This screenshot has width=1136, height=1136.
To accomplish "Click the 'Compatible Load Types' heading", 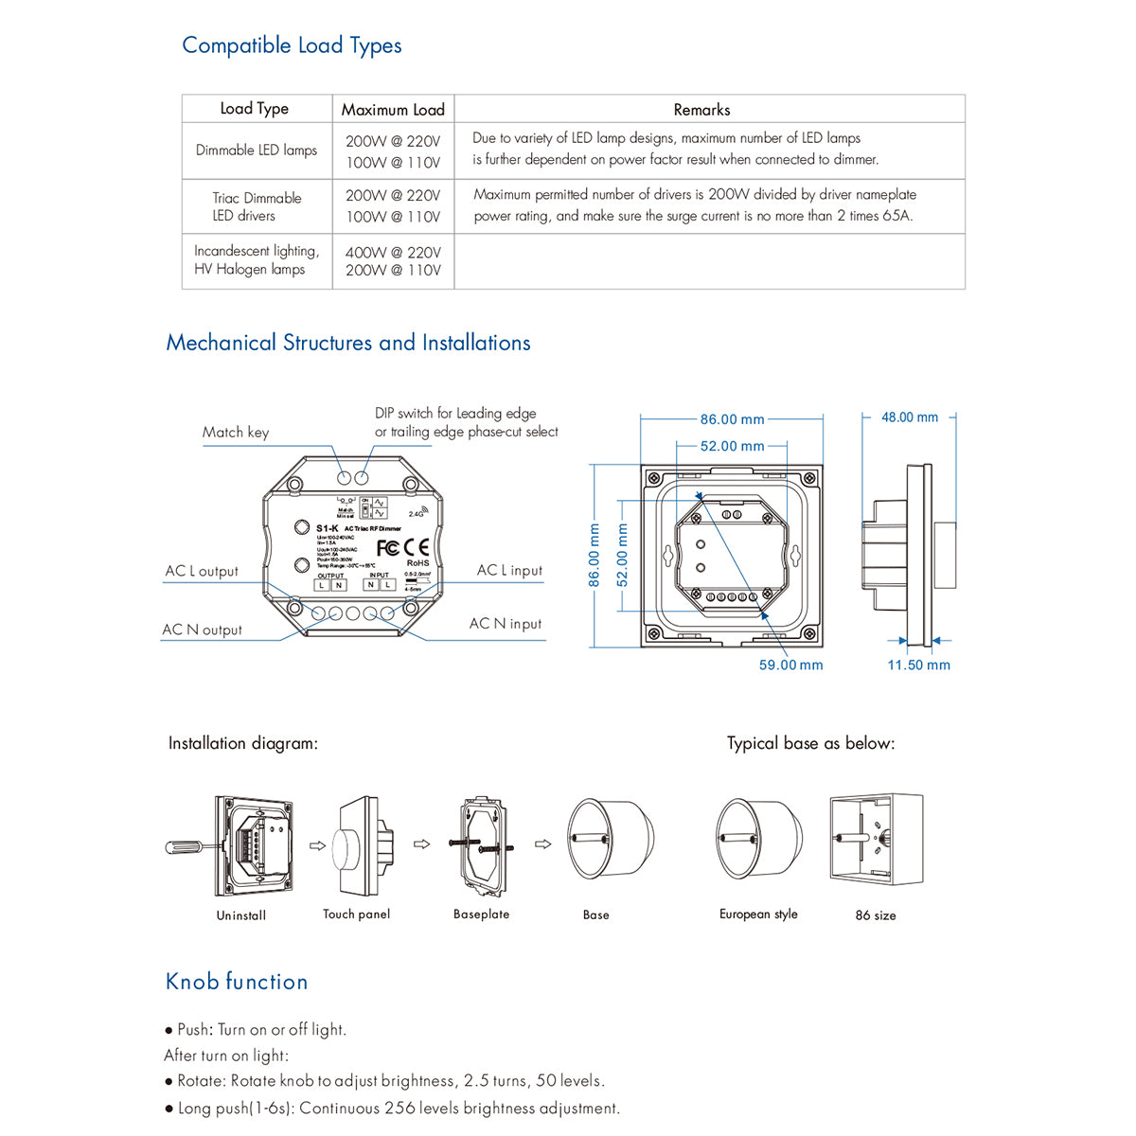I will (292, 45).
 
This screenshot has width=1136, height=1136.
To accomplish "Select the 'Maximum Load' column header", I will (393, 110).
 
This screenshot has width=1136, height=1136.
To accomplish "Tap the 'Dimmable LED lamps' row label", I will (257, 151).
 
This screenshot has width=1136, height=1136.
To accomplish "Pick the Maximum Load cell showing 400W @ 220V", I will (393, 253).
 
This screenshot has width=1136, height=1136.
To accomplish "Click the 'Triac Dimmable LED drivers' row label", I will (257, 206).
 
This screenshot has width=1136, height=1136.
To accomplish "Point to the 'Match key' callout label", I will (236, 433).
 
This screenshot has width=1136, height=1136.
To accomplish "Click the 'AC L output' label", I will (202, 572).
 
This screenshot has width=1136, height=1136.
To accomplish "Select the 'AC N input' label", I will (506, 624).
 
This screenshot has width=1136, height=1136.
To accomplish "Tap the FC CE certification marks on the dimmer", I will (402, 548).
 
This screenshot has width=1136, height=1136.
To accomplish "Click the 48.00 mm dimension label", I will (910, 417).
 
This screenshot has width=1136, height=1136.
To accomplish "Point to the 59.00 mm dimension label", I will (790, 666).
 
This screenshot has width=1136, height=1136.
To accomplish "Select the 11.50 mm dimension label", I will (918, 666).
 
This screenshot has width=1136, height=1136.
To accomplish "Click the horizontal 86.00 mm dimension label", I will (732, 419).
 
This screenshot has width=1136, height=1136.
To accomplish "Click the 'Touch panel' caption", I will (356, 914).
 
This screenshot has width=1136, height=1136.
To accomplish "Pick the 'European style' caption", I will (758, 914).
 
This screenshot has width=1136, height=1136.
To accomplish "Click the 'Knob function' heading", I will (237, 982).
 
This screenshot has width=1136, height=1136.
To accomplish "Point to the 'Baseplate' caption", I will (481, 914).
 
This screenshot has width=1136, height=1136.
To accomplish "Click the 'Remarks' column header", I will (701, 110).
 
